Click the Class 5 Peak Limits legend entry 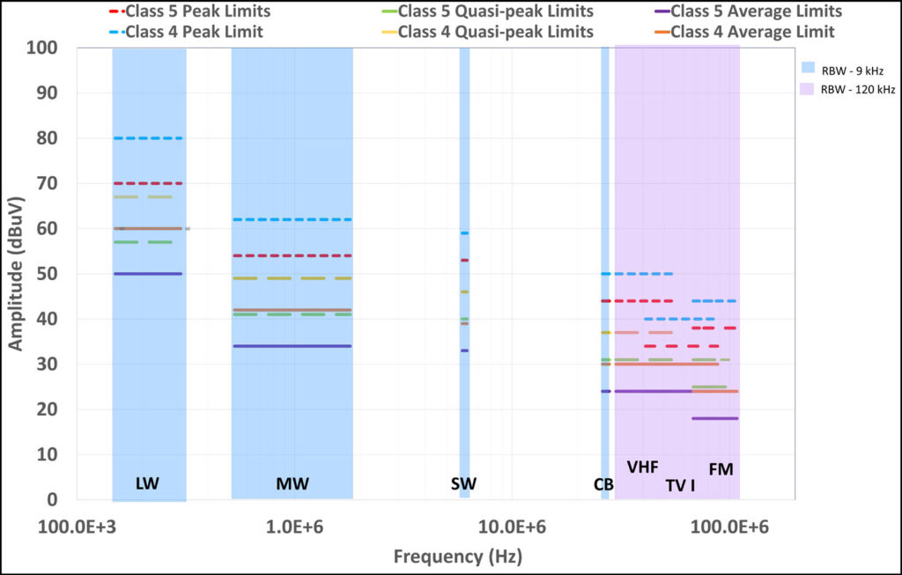(190, 11)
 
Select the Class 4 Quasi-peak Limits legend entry (487, 32)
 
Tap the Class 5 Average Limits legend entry (749, 11)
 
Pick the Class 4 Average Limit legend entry (744, 32)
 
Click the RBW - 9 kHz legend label (853, 70)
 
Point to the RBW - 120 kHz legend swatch (807, 89)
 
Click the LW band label (147, 483)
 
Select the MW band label (292, 483)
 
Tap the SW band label (463, 483)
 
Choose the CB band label (603, 484)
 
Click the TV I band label (681, 486)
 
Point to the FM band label (721, 470)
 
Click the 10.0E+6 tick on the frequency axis (512, 527)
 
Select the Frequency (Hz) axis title (458, 557)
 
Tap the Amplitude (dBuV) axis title (16, 273)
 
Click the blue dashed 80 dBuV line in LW (148, 138)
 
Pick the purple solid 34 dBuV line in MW (292, 346)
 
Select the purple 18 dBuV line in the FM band (714, 418)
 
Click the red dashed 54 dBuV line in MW (292, 256)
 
